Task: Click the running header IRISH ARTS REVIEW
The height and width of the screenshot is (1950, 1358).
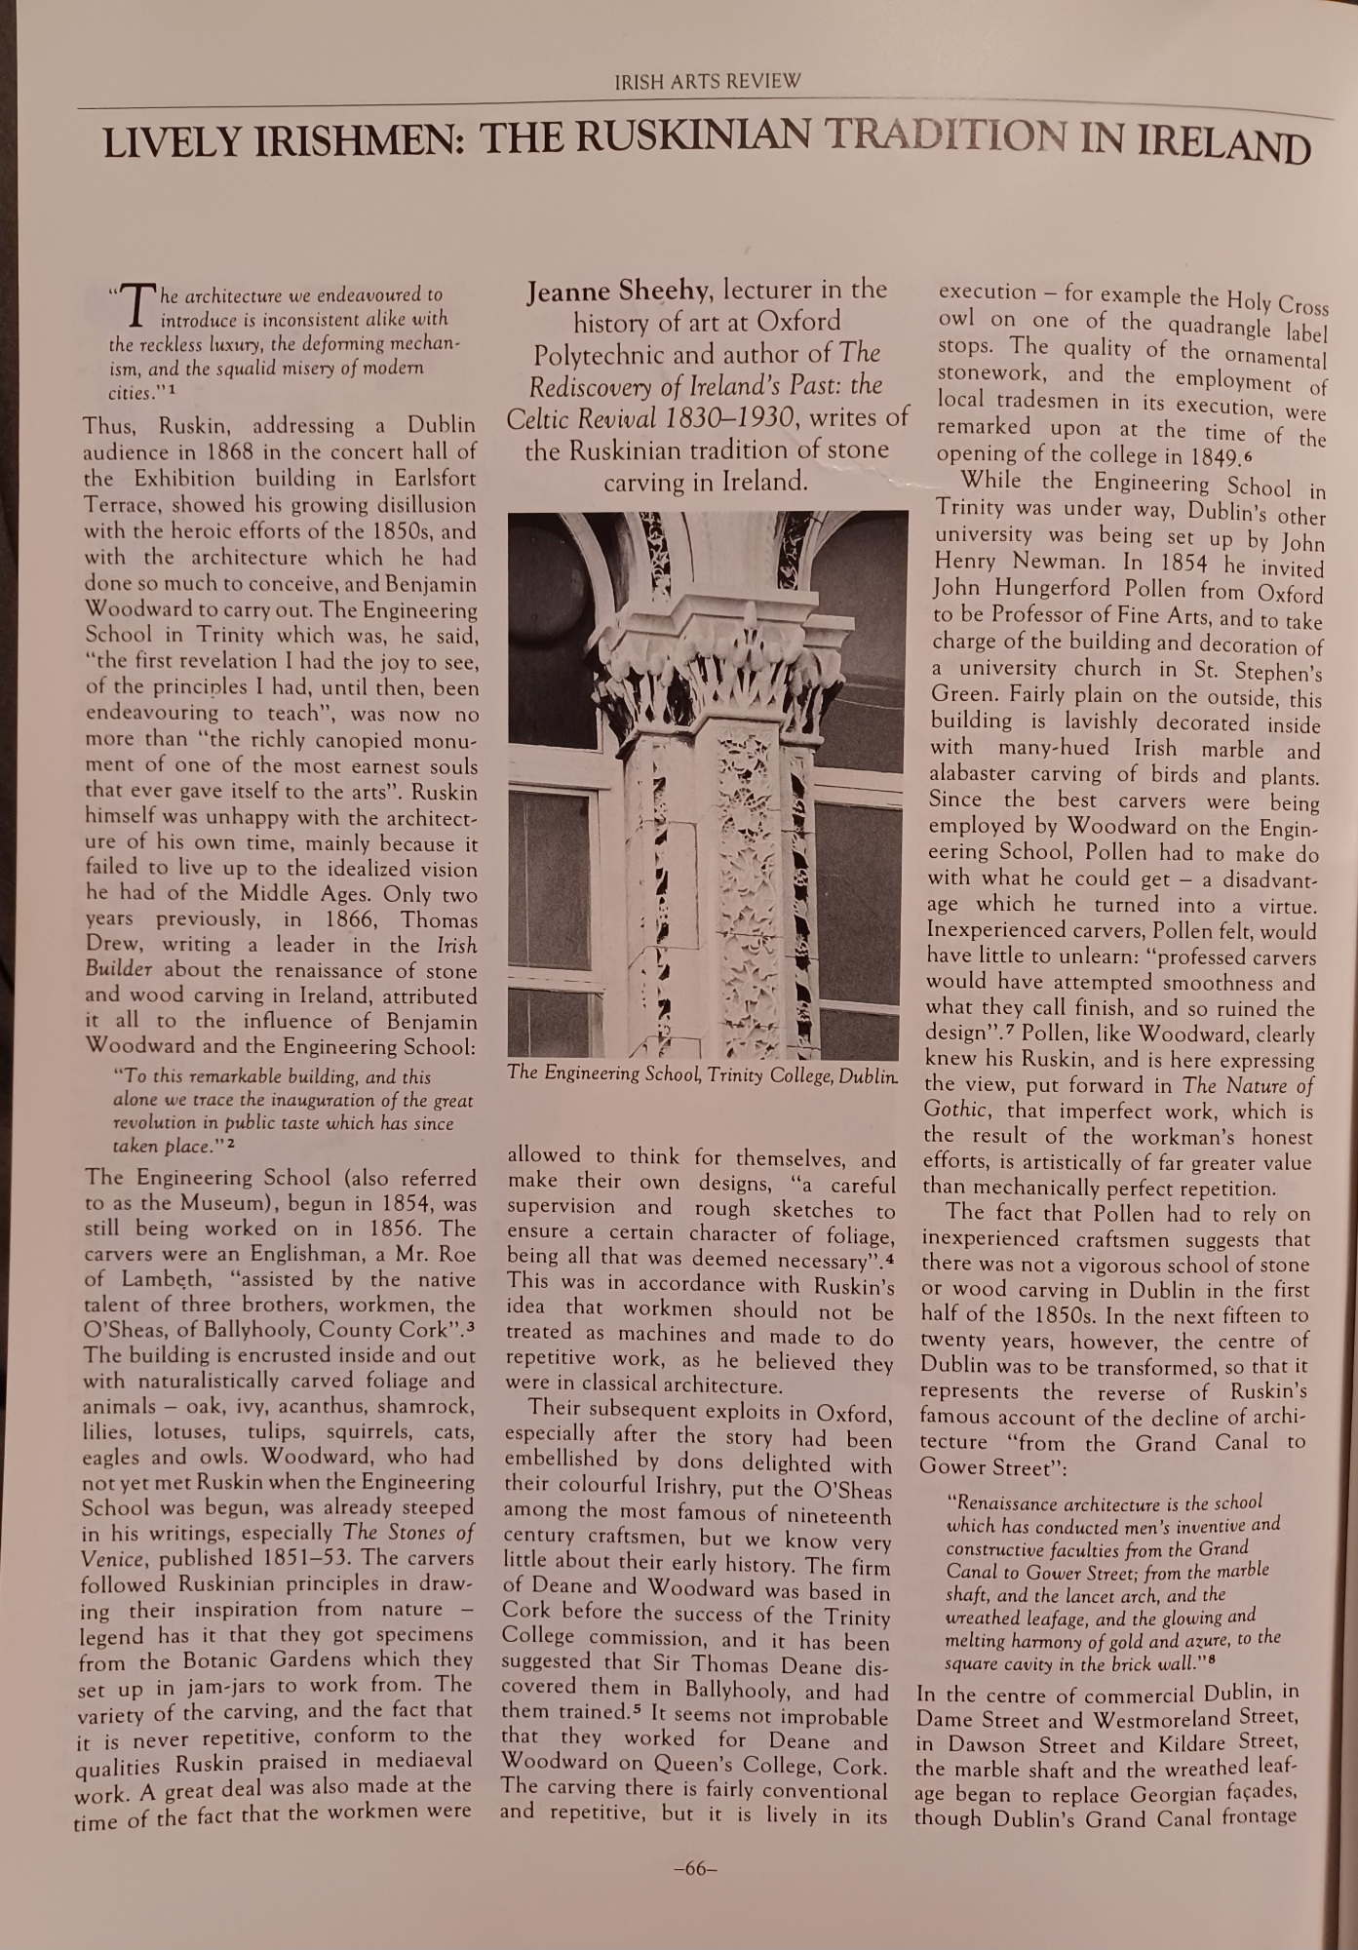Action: point(707,81)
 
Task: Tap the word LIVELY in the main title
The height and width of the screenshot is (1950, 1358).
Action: point(172,144)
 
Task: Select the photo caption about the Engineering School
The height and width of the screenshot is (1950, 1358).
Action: point(702,1073)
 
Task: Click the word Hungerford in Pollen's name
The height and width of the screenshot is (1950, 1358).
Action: point(1059,589)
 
